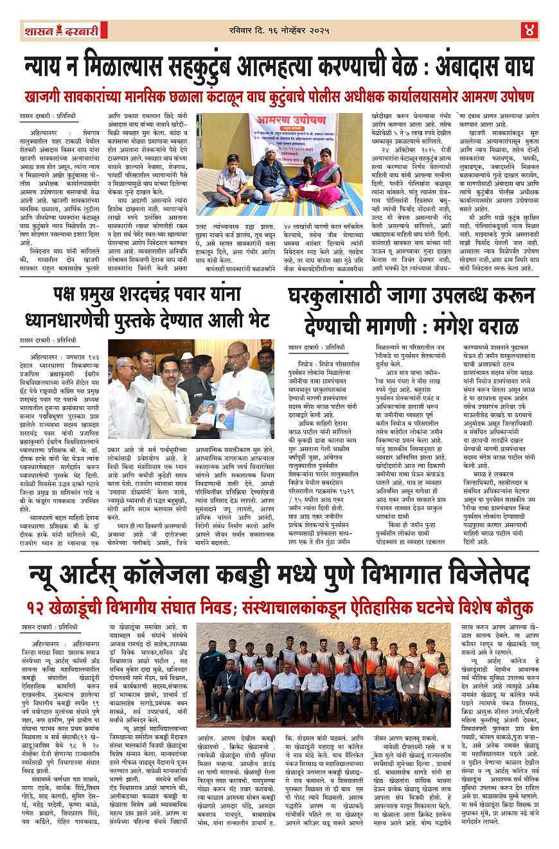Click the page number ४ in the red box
[529, 29]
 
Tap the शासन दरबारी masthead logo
[60, 30]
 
